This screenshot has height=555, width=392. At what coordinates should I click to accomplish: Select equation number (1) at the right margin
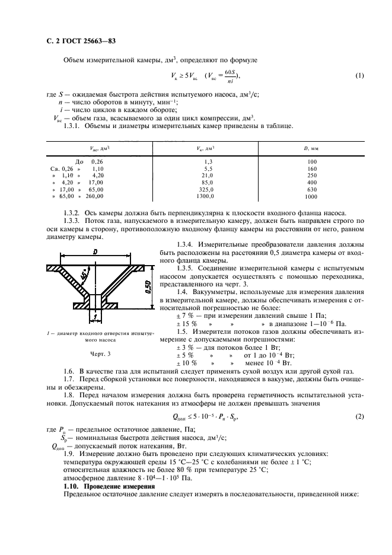359,75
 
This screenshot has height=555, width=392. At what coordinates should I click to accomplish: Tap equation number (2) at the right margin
359,417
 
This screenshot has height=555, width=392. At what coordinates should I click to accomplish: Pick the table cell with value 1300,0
205,196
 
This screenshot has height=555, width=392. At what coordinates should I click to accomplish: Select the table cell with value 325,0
206,189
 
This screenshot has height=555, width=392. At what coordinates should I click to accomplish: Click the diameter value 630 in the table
311,189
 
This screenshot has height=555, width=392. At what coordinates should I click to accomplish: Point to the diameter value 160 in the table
311,168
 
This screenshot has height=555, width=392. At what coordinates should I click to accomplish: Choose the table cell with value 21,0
206,176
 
